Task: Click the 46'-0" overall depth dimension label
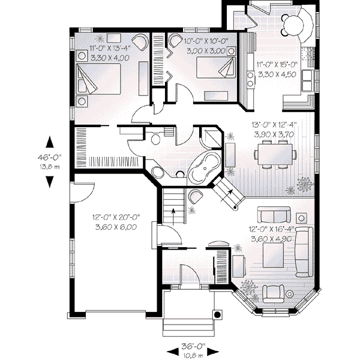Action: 50,157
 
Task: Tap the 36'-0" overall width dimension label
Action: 193,346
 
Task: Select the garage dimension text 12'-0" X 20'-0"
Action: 116,217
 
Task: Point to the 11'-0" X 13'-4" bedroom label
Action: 110,49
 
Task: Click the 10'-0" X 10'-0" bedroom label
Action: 206,41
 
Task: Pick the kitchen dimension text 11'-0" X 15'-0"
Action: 277,65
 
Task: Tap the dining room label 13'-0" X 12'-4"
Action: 274,125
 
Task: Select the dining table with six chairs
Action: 275,154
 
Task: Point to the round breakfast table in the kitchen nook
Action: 293,25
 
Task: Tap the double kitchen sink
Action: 307,80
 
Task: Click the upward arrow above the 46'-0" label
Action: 50,142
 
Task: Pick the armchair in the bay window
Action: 273,294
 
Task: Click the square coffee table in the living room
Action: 273,256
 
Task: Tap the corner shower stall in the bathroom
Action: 211,139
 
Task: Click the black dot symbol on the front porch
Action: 217,314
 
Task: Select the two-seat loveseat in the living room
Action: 274,215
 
